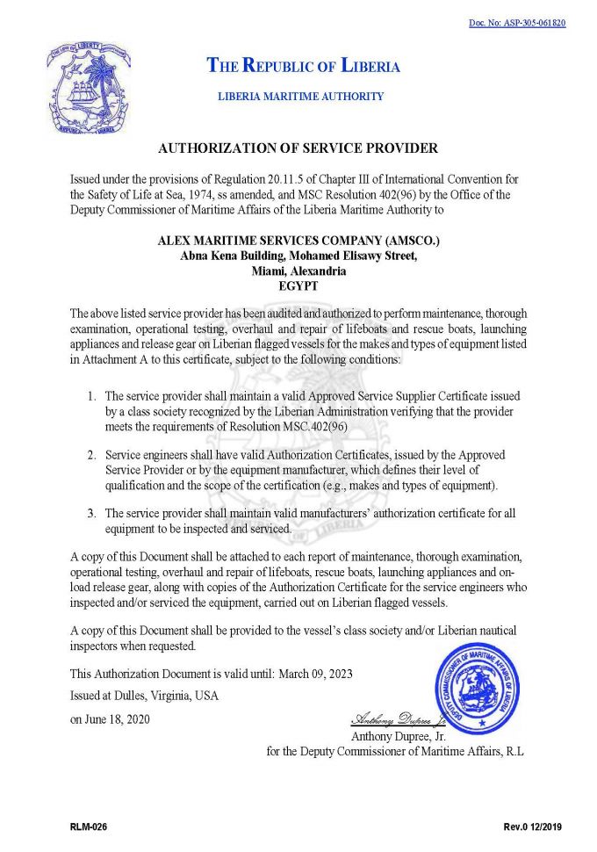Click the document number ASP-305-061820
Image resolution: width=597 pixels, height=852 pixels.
(x=517, y=23)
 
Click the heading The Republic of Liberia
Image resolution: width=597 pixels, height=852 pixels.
(x=303, y=66)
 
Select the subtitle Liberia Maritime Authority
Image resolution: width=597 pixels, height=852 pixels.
(x=300, y=97)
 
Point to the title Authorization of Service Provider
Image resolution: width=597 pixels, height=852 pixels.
(x=298, y=148)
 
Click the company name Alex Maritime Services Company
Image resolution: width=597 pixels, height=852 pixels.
(x=298, y=240)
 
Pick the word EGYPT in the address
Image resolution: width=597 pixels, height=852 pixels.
(x=298, y=286)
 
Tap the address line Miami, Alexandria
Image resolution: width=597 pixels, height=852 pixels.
(x=298, y=271)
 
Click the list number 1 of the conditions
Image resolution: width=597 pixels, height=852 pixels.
(x=91, y=397)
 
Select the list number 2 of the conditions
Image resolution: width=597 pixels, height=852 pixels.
(x=91, y=456)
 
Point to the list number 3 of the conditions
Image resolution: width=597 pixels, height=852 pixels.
(x=91, y=513)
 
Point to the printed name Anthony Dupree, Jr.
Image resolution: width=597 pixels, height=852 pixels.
(x=399, y=735)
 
